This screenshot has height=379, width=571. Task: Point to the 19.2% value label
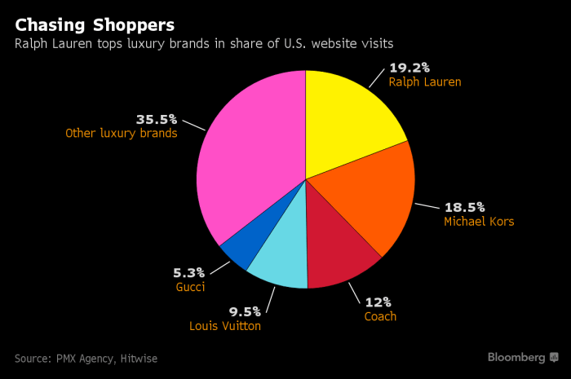point(409,66)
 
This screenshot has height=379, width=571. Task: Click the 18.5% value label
point(465,206)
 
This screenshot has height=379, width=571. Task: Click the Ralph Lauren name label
point(425,82)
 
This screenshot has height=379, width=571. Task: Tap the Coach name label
point(379,316)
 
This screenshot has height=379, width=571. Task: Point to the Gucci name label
point(190,288)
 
